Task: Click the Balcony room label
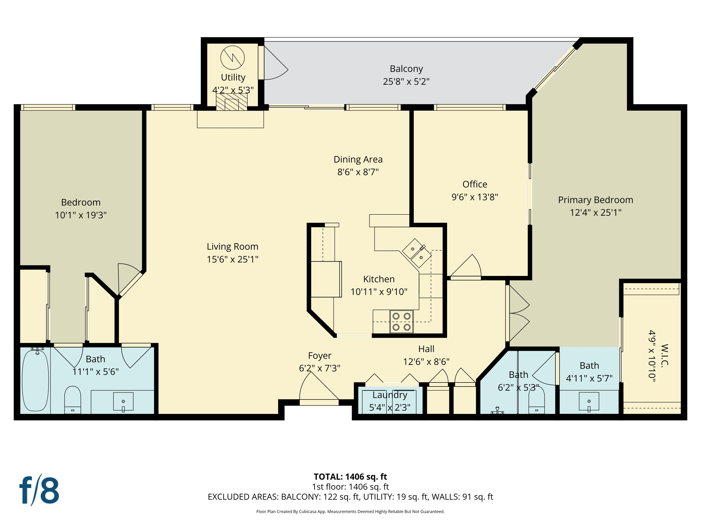click(x=406, y=69)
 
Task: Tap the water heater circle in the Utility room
click(x=232, y=58)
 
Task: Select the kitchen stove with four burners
click(x=402, y=322)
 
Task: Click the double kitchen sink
click(x=417, y=253)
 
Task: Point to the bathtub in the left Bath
click(x=35, y=380)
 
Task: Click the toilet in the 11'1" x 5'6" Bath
click(x=73, y=399)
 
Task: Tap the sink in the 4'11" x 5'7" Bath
click(x=589, y=401)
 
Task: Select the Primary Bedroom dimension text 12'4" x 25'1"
click(x=595, y=213)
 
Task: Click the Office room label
click(x=474, y=184)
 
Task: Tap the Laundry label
click(x=390, y=395)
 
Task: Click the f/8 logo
click(x=39, y=490)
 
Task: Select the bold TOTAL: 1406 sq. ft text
click(x=350, y=477)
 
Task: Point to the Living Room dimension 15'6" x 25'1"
click(x=232, y=259)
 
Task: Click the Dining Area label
click(x=358, y=159)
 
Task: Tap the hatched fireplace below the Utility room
click(x=232, y=102)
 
